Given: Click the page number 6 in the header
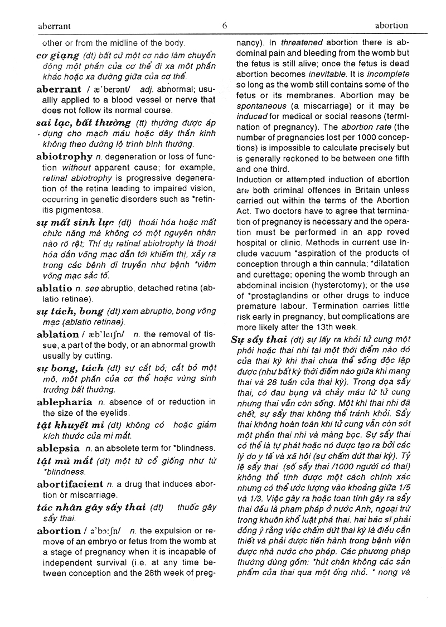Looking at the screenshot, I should tap(225, 25).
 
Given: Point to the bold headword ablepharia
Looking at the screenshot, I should tap(65, 402).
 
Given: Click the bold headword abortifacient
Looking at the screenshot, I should tap(70, 484).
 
